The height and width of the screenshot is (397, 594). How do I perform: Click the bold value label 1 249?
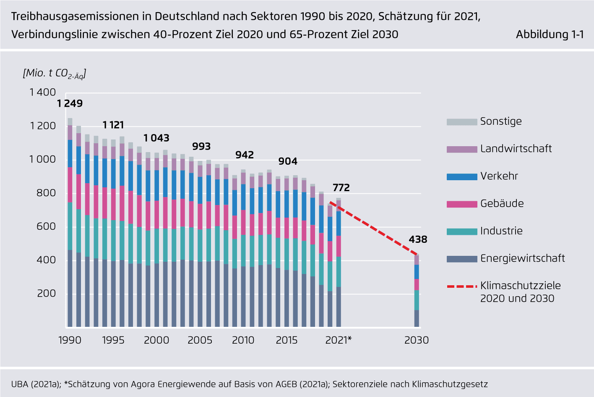70,103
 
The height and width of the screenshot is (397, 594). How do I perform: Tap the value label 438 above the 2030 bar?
418,239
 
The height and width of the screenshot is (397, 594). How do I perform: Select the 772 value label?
341,188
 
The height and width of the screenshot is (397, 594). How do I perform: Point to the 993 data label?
201,147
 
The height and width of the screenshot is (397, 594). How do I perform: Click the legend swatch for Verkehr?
462,176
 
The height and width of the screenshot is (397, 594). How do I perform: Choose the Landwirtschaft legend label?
516,149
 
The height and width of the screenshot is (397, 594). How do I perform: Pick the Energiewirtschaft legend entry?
522,258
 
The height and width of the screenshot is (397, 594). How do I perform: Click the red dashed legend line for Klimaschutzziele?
462,287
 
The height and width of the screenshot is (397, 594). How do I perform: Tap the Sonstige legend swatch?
462,122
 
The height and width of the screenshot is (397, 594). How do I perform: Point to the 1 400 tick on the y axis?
42,92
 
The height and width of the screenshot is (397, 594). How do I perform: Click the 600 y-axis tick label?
46,226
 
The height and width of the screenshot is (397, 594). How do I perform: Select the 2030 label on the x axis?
417,340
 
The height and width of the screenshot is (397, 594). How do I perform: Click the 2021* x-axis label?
338,340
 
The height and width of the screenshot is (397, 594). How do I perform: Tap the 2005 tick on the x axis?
200,340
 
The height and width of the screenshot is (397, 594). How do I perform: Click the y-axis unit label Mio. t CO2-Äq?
55,74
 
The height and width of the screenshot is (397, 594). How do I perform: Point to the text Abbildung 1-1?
550,34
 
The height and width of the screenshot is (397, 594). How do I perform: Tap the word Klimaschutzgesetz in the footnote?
450,384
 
